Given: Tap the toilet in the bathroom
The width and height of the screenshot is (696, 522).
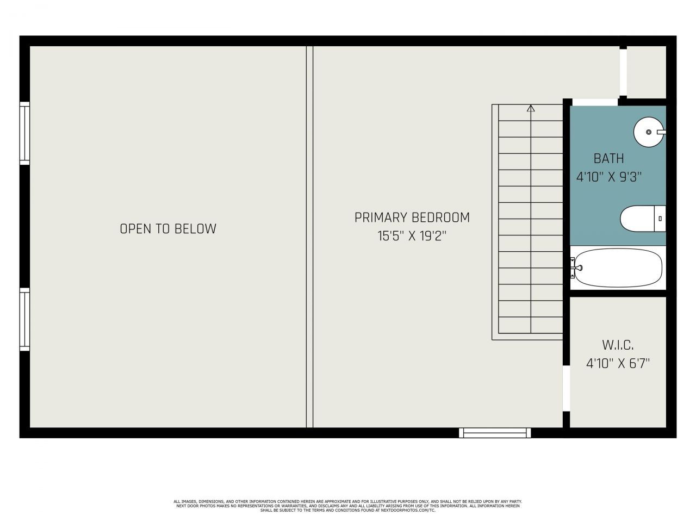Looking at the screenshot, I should click(x=642, y=219).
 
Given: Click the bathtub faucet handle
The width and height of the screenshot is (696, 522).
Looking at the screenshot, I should click(x=579, y=268).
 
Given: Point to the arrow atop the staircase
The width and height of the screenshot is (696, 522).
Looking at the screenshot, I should click(x=531, y=108).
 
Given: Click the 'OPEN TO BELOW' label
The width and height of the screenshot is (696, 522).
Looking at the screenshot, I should click(x=167, y=229).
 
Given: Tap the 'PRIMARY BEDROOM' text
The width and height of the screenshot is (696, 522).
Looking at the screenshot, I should click(x=412, y=217).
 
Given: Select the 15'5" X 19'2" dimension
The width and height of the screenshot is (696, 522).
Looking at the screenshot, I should click(x=412, y=237).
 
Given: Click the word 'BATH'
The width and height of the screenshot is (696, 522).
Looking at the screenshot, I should click(x=608, y=159).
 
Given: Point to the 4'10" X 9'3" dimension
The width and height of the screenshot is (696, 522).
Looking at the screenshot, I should click(x=609, y=177).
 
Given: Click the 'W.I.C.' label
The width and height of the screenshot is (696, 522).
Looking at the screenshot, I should click(x=618, y=345).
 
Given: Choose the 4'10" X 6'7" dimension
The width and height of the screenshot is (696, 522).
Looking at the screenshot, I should click(x=618, y=363).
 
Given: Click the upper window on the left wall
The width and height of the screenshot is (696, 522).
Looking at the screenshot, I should click(x=24, y=133).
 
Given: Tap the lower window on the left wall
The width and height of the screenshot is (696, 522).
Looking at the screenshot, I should click(x=24, y=319).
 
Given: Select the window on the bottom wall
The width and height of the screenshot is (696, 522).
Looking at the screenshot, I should click(x=494, y=433).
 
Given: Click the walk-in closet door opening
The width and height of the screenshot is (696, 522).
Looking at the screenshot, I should click(x=566, y=388).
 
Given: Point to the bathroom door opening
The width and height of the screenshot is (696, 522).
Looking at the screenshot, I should click(x=595, y=102).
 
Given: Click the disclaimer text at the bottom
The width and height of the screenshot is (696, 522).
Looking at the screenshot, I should click(x=348, y=506).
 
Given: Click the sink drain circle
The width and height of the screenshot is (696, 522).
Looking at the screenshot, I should click(x=648, y=132).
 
